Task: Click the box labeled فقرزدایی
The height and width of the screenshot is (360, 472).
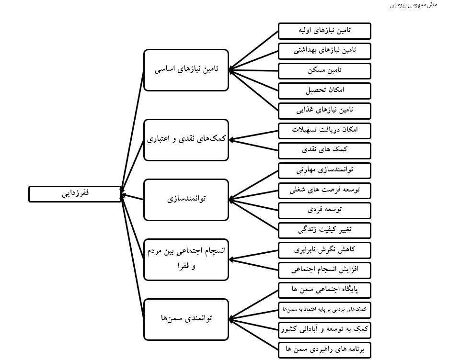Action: (x=75, y=194)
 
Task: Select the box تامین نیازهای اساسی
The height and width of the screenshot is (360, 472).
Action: (x=186, y=70)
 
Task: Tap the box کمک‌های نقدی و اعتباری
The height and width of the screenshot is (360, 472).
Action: (x=186, y=140)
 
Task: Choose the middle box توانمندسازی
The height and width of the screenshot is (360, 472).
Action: (x=186, y=200)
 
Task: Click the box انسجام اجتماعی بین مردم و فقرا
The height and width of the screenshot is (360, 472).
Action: (x=186, y=259)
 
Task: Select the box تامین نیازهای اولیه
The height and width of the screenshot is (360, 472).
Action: (x=324, y=31)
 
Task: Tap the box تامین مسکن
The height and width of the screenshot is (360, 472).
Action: (x=324, y=70)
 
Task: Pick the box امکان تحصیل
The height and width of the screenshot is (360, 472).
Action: (x=324, y=90)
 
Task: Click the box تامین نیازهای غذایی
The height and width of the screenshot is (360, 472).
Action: (x=324, y=110)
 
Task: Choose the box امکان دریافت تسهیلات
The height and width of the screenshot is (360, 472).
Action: (x=324, y=130)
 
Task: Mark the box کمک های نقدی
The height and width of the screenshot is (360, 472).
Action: (x=324, y=150)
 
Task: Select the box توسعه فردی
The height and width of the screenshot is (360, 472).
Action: (x=324, y=210)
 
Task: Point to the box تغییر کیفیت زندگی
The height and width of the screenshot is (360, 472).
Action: (x=324, y=230)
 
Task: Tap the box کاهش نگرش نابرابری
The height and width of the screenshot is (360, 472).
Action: (x=324, y=250)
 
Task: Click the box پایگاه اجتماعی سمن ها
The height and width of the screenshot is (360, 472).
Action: (x=324, y=290)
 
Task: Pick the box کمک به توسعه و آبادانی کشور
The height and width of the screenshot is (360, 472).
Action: (x=324, y=330)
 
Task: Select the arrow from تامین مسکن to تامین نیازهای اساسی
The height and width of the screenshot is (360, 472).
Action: (x=254, y=70)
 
